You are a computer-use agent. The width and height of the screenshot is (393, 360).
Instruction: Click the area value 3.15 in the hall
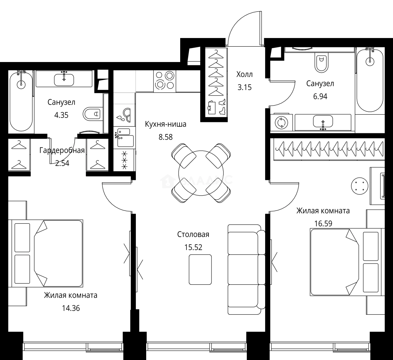click(244, 88)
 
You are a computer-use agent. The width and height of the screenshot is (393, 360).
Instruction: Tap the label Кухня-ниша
click(166, 124)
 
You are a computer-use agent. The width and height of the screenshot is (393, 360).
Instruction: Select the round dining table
click(201, 173)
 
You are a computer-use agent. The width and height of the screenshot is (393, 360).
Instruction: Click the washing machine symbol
click(281, 123)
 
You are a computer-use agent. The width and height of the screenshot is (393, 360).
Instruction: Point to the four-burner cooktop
click(165, 81)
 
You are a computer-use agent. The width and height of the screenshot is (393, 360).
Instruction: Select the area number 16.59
click(323, 224)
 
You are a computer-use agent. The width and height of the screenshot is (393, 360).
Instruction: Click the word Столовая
click(193, 235)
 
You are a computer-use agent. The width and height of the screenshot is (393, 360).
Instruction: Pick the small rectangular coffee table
click(200, 269)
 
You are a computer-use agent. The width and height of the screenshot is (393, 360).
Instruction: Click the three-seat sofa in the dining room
click(246, 269)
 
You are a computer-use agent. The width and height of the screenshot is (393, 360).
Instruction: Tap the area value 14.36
click(71, 308)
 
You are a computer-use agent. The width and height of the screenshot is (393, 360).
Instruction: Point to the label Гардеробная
click(62, 151)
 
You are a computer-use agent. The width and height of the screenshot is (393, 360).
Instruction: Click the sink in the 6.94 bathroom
click(323, 122)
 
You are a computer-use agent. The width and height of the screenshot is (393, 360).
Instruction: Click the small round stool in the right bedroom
click(359, 186)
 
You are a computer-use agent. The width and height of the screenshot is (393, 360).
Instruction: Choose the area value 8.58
click(166, 137)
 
